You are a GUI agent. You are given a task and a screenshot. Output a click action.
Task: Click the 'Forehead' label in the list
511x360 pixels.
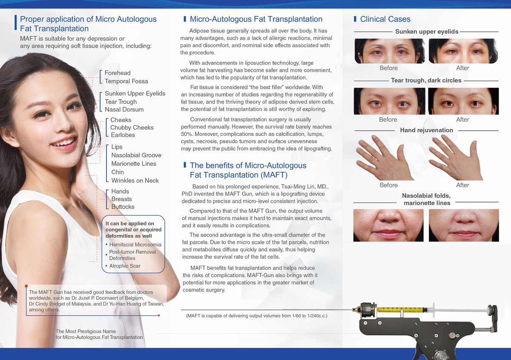(x=118, y=73)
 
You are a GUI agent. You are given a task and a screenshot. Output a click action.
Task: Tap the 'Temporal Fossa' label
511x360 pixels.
(x=126, y=81)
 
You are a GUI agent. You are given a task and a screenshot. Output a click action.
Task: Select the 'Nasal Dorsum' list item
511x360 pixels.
(x=124, y=109)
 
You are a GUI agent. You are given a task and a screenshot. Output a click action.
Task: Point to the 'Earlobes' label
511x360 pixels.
(x=123, y=135)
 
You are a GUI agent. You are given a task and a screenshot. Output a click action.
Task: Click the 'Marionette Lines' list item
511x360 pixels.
(x=134, y=164)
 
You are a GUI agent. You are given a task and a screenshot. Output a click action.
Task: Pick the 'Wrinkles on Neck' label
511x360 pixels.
(x=135, y=180)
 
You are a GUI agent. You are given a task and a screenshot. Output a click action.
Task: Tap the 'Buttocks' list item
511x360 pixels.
(x=123, y=207)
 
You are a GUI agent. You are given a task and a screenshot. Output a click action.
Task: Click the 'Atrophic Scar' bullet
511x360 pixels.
(x=124, y=266)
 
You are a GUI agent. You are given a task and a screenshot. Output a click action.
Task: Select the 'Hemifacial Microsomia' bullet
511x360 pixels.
(x=135, y=245)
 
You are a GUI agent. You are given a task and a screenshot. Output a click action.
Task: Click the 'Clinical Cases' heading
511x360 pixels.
(x=385, y=19)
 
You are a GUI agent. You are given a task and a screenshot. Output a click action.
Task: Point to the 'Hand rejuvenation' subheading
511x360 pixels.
(x=426, y=130)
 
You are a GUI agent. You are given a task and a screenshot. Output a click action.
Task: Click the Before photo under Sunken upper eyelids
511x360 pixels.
(x=390, y=51)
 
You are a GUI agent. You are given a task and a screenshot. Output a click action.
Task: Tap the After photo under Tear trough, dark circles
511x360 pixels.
(x=464, y=101)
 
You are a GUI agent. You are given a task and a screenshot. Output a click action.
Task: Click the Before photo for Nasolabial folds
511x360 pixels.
(x=388, y=225)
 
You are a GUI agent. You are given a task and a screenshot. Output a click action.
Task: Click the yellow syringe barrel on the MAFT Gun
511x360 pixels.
(x=402, y=310)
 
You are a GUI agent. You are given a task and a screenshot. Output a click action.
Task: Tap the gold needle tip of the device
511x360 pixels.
(x=356, y=310)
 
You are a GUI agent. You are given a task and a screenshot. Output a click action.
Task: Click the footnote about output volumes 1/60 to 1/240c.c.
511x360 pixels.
(x=257, y=316)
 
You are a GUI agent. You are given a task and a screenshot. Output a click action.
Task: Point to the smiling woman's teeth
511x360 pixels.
(x=65, y=142)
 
